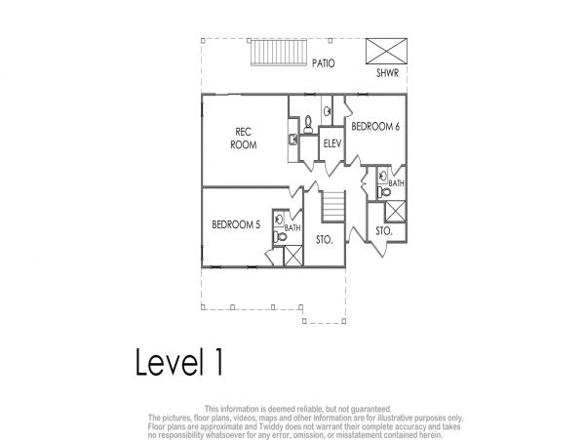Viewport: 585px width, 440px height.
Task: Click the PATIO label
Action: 323,63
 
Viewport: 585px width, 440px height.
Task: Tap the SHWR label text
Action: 387,73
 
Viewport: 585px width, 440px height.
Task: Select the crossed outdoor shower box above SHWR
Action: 386,51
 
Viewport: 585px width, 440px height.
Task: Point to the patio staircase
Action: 279,53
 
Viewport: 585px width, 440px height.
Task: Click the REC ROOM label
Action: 243,139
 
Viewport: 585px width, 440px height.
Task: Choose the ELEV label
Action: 332,143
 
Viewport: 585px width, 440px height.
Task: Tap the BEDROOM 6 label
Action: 375,127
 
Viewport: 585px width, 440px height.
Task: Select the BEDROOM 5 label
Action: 236,224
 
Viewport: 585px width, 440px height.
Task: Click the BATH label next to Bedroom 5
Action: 292,227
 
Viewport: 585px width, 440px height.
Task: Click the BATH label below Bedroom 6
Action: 396,183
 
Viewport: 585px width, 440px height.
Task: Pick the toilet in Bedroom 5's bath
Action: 280,237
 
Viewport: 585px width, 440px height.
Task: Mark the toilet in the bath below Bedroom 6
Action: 384,192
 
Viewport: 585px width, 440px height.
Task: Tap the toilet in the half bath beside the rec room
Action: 308,124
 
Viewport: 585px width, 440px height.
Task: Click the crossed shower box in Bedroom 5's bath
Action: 293,256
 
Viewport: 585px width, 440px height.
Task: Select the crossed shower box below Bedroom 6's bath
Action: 395,212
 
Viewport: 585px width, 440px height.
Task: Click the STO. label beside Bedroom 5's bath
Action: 325,240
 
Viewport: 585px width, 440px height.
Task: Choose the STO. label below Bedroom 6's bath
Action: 384,231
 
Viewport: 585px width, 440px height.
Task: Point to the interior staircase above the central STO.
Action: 333,207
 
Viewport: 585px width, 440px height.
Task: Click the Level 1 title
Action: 179,362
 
